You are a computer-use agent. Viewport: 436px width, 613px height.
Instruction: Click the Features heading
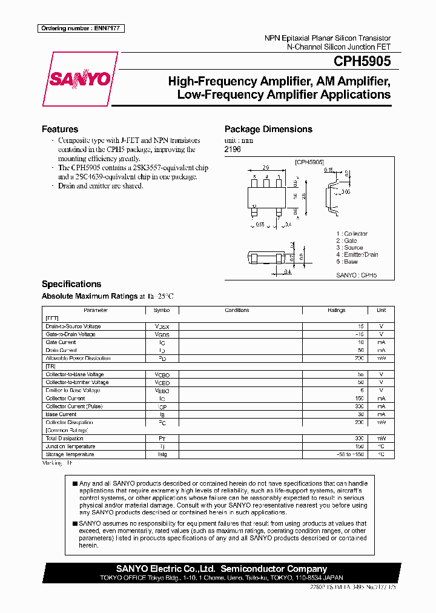click(60, 129)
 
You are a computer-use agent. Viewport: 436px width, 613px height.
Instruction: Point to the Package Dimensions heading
click(268, 129)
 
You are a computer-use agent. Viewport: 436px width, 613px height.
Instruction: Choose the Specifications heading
click(71, 284)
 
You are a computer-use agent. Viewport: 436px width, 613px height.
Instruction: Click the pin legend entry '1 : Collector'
click(352, 234)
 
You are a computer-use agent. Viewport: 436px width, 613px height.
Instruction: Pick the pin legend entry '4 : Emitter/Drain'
click(357, 254)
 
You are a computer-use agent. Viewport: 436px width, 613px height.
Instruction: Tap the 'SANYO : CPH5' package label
click(356, 275)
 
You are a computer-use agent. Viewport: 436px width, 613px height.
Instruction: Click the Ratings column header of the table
click(336, 310)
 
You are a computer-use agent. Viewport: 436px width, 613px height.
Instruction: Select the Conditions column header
click(237, 310)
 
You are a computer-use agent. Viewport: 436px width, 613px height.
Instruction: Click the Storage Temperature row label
click(70, 454)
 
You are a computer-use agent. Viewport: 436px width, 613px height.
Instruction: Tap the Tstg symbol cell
click(162, 454)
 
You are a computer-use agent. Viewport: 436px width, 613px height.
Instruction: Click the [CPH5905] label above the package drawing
click(310, 162)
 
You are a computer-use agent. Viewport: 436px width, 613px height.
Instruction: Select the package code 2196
click(232, 149)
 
